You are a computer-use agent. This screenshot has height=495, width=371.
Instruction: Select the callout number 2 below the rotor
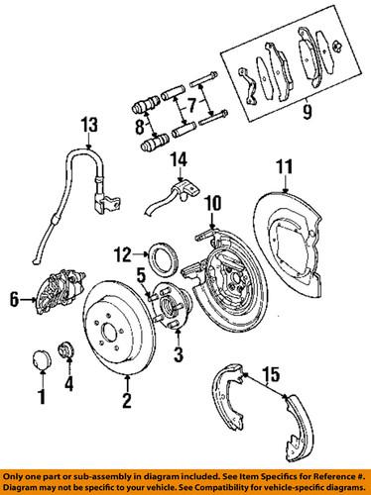point(127,401)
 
